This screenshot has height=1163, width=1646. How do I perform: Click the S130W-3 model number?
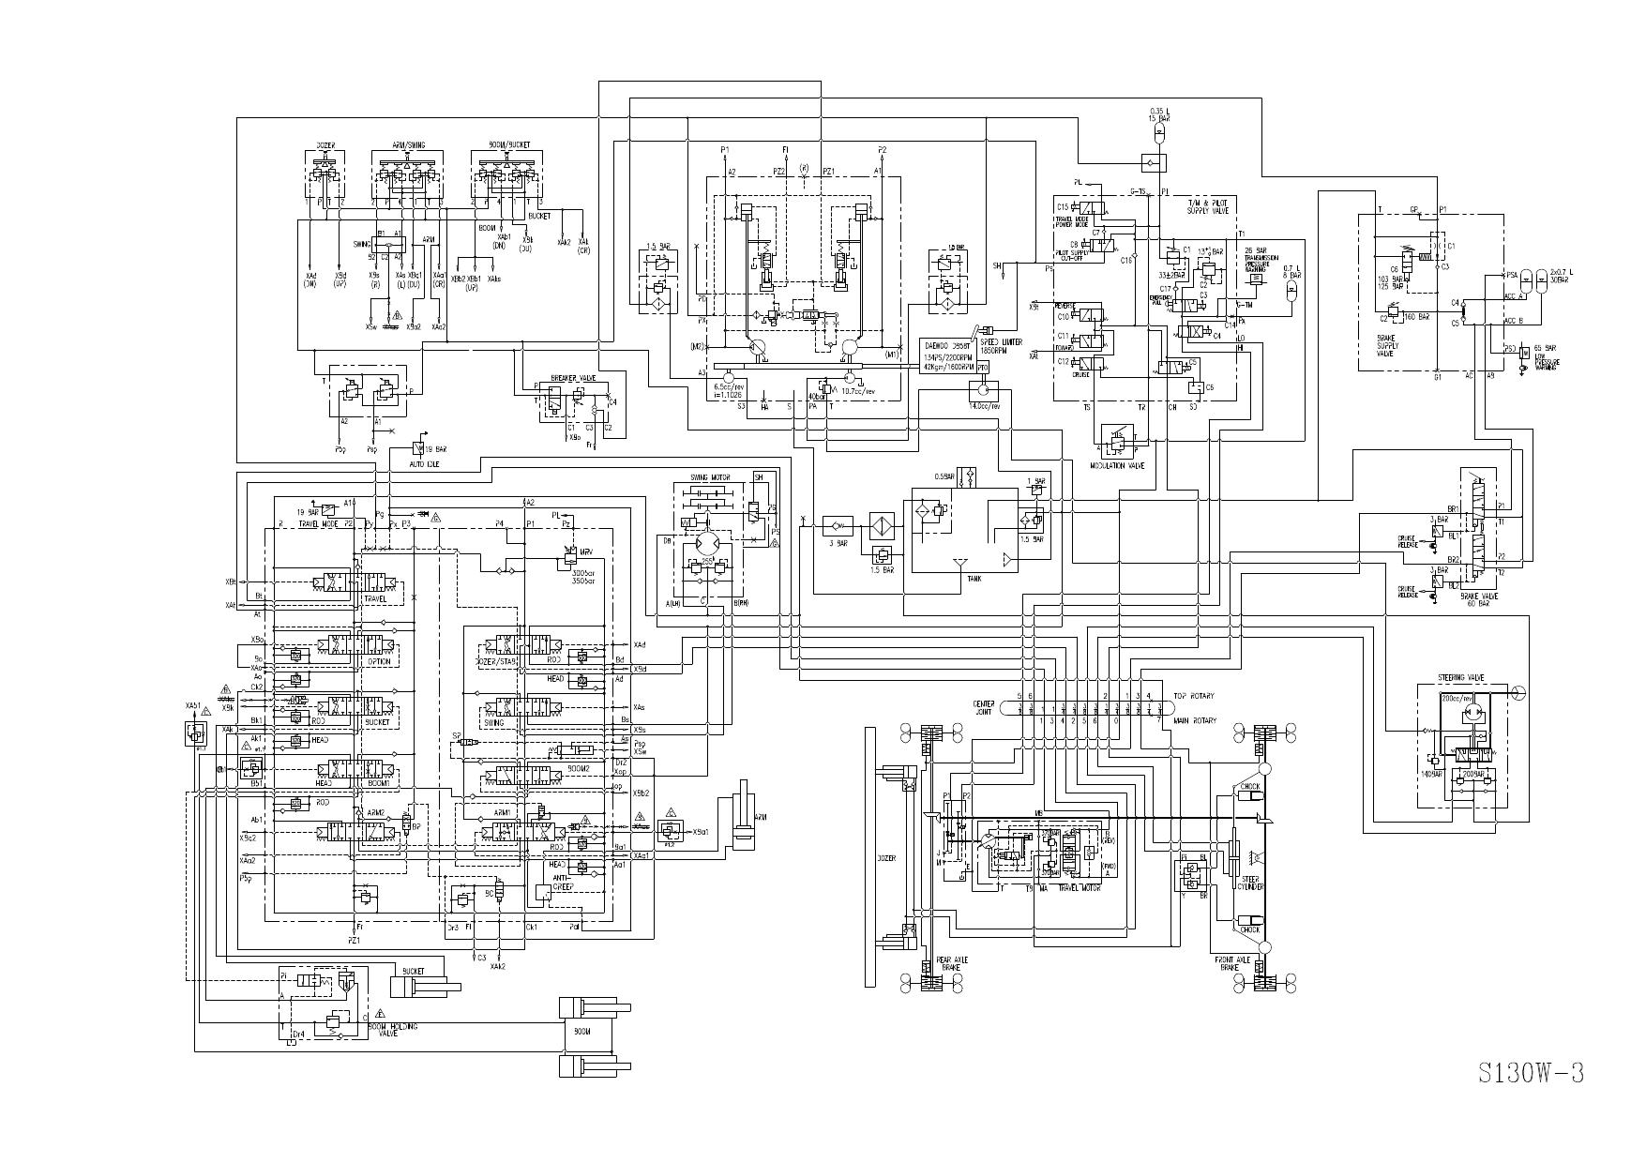point(1531,1073)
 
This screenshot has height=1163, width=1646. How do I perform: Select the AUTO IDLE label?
point(425,464)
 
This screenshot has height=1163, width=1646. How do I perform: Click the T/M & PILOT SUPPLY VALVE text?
point(1209,206)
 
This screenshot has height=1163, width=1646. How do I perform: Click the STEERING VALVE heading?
point(1461,676)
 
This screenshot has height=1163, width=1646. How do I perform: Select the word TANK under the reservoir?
point(974,579)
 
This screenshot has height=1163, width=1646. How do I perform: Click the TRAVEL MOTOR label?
point(1079,887)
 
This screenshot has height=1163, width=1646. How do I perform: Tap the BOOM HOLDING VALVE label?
point(393,1030)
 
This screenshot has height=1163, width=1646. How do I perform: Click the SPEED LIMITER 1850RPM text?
point(1000,345)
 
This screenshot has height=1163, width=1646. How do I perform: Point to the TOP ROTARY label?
point(1194,696)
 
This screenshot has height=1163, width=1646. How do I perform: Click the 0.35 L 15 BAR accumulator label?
point(1159,114)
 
